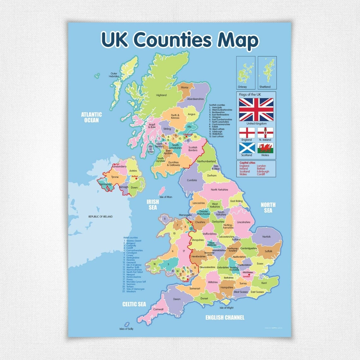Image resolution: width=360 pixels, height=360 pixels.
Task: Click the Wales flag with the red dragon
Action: (x=265, y=148)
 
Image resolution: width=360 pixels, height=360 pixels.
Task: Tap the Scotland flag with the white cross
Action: (x=247, y=148)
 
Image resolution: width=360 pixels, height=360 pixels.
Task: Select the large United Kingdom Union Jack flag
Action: (x=256, y=109)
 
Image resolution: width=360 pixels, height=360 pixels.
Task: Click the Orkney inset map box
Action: (x=246, y=73)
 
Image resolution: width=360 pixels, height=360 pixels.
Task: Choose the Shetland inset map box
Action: (x=267, y=73)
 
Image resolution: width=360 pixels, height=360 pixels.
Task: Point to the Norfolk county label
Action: (x=267, y=237)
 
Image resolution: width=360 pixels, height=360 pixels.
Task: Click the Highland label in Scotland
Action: (x=161, y=95)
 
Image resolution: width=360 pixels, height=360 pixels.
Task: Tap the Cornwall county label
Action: (x=158, y=309)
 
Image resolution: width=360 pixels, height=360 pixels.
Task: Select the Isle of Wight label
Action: (x=226, y=308)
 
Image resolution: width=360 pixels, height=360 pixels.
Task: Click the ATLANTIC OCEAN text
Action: (x=91, y=117)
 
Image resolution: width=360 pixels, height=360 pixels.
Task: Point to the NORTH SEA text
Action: (x=268, y=207)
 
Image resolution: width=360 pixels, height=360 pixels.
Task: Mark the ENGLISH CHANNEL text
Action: (x=225, y=317)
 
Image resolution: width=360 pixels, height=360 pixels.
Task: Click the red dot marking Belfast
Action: (x=136, y=178)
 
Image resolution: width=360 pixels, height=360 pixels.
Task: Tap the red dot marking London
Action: (x=249, y=274)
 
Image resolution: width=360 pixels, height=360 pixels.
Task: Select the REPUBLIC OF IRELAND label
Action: (x=100, y=217)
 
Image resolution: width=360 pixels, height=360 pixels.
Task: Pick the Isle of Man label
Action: (x=166, y=197)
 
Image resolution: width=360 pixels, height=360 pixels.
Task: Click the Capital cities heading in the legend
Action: (x=247, y=163)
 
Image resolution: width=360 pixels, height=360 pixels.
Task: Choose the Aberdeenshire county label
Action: (x=195, y=99)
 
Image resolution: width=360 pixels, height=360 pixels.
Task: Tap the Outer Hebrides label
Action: (x=114, y=75)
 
